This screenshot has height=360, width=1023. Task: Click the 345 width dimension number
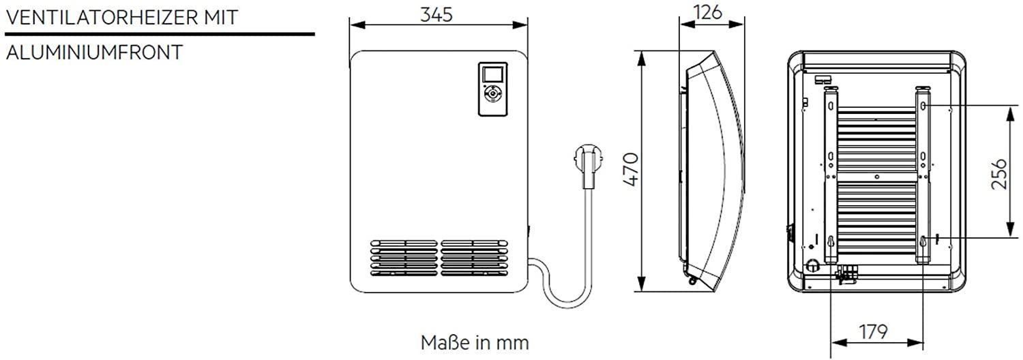click(x=436, y=14)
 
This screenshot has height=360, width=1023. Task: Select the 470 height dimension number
click(x=631, y=170)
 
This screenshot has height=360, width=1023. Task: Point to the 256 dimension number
click(x=999, y=174)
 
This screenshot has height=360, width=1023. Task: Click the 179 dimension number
click(x=873, y=332)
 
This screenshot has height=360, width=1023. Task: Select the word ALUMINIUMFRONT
click(x=95, y=52)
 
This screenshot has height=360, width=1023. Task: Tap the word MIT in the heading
click(x=222, y=18)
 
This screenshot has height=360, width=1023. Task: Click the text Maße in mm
click(x=475, y=343)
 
